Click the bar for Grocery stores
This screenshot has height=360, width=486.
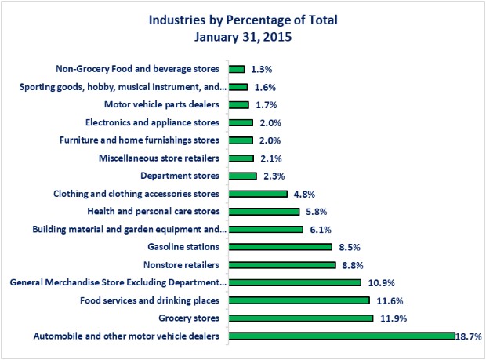[x=300, y=318]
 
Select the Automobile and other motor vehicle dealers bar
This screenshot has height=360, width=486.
[x=341, y=336]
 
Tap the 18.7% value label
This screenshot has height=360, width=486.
[x=470, y=336]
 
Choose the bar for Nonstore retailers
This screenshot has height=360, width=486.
[x=281, y=265]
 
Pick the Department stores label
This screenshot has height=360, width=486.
[x=180, y=176]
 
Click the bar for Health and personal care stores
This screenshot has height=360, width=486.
[x=263, y=212]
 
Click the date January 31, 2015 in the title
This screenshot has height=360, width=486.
[x=244, y=35]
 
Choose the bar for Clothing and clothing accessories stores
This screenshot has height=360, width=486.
[x=258, y=194]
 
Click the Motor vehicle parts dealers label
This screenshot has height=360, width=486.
[x=161, y=104]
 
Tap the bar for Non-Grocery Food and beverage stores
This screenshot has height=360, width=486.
[x=237, y=69]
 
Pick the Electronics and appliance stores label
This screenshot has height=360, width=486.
[x=151, y=122]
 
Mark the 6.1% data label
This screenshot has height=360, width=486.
[x=318, y=230]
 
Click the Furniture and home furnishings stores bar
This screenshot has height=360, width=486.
[x=241, y=140]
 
